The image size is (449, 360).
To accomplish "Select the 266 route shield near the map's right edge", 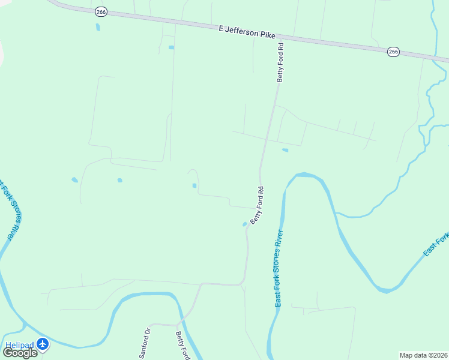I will [393, 52].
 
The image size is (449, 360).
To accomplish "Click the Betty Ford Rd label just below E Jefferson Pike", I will [280, 62].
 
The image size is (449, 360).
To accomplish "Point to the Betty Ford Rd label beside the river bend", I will [257, 206].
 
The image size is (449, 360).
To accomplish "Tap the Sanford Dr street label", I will [144, 343].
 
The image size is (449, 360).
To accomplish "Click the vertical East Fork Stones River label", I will [279, 268].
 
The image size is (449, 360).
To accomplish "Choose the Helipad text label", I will [19, 344].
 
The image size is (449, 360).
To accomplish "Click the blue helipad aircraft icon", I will [43, 344].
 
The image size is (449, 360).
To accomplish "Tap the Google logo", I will [20, 353].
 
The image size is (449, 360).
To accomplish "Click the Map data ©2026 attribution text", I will [423, 355].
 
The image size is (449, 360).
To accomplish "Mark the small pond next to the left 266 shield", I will [98, 27].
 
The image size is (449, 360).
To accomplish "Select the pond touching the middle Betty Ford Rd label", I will [244, 224].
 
